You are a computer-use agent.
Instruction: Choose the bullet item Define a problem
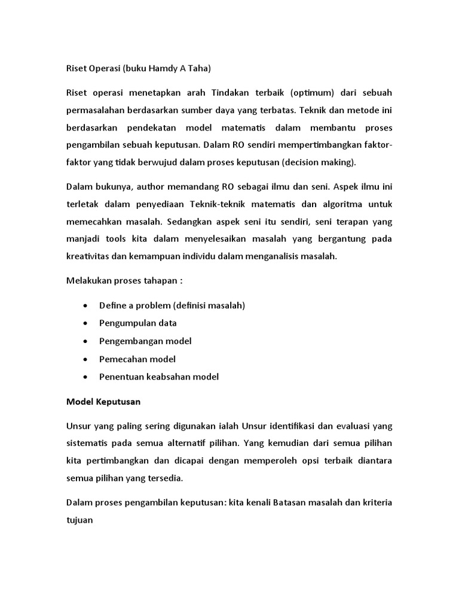click(172, 305)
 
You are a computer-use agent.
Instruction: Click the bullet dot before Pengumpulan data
click(87, 323)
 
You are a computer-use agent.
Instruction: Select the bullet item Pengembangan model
click(145, 341)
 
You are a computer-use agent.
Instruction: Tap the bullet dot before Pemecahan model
click(87, 359)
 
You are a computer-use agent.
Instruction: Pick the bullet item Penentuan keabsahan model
click(159, 377)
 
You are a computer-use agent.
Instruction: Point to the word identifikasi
click(294, 426)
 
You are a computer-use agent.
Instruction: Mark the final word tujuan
click(79, 520)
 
